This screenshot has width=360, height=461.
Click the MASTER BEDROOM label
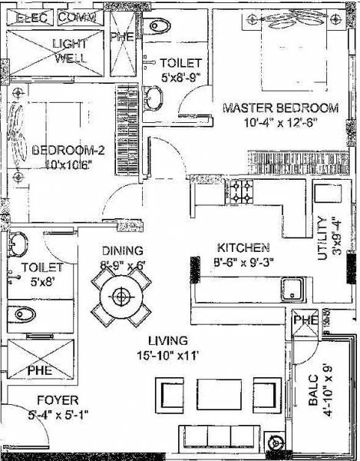(x=279, y=108)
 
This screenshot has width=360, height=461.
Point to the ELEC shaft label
(x=29, y=16)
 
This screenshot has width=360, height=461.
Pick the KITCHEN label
(x=243, y=247)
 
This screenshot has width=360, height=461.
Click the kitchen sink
(x=294, y=290)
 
